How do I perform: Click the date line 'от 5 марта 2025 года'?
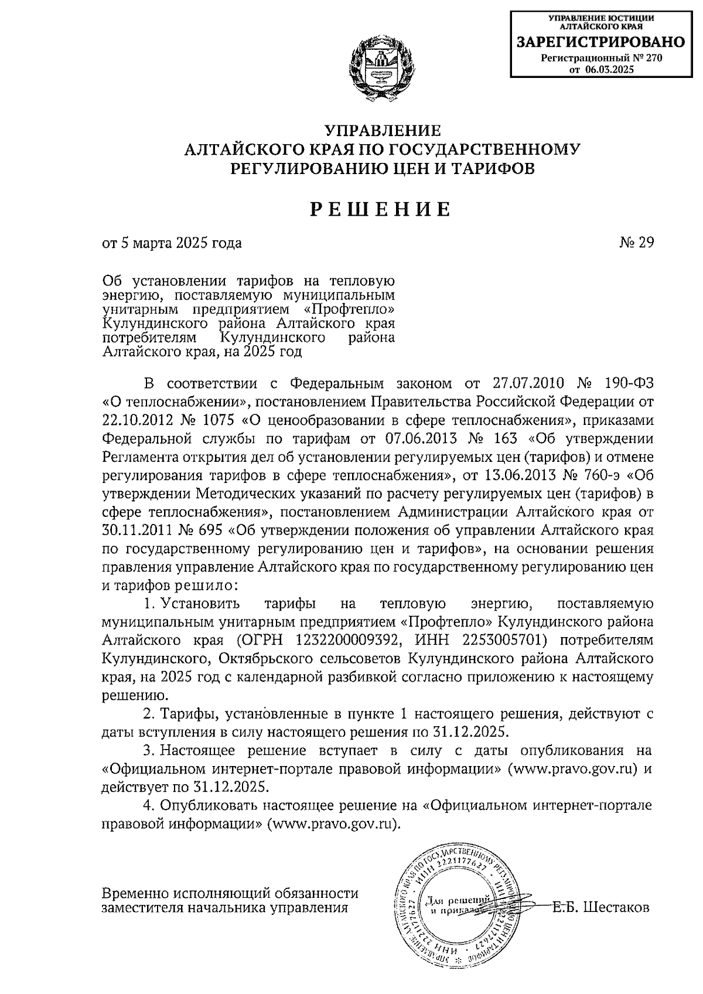pyautogui.click(x=172, y=243)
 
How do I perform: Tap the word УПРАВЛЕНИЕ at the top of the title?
pyautogui.click(x=381, y=131)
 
